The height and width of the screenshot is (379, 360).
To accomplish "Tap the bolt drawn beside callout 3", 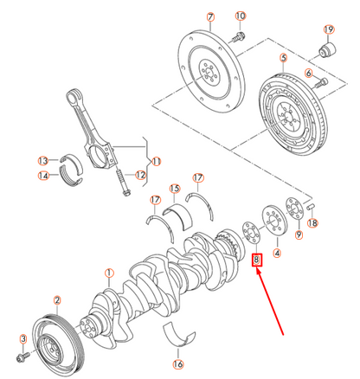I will click(25, 356).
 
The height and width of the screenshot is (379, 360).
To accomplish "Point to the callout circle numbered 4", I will click(277, 254).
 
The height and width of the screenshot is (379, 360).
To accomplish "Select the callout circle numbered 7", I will click(209, 16).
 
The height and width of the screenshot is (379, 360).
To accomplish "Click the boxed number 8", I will click(256, 260).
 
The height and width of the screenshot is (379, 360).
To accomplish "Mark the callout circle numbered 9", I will click(299, 234).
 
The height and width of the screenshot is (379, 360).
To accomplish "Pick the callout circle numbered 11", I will click(157, 161).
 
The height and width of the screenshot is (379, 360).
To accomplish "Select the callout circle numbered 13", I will click(42, 160).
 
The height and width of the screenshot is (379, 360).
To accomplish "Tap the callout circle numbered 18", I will click(313, 223).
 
